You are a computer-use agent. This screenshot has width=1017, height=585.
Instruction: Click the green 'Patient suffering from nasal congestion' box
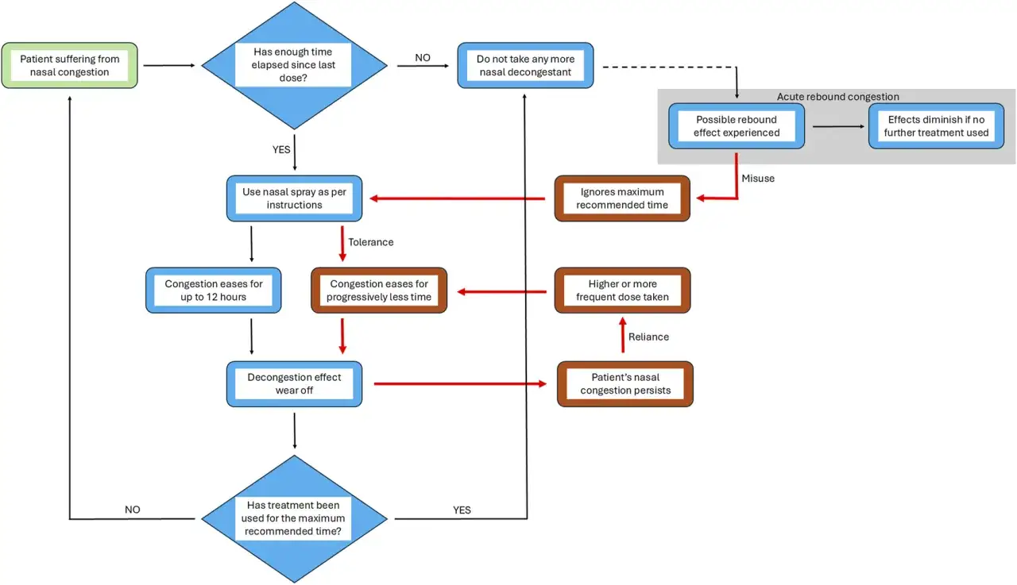click(69, 65)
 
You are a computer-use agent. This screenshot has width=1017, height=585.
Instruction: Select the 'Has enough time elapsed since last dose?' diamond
click(294, 65)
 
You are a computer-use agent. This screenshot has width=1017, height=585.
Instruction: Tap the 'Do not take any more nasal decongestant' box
click(525, 65)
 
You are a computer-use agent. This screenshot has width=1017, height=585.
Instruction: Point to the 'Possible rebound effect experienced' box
click(737, 126)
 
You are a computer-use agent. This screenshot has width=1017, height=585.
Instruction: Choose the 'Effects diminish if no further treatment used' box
click(936, 126)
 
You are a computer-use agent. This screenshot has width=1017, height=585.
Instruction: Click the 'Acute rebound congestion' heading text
click(837, 97)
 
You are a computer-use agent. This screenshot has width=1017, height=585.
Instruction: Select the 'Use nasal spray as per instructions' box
click(294, 198)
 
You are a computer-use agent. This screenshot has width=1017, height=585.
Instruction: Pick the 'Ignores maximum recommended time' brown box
click(622, 198)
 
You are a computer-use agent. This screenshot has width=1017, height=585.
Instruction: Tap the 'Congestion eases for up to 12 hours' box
click(214, 291)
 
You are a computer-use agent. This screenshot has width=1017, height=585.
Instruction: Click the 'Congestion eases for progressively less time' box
click(379, 291)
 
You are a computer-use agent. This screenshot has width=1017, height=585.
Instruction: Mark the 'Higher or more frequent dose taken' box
click(622, 291)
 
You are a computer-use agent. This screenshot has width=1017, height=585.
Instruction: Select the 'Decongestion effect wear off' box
click(294, 383)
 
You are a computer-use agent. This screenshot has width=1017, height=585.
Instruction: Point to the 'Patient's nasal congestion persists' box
click(625, 383)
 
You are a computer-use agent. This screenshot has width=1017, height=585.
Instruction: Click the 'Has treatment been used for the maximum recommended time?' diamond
click(294, 518)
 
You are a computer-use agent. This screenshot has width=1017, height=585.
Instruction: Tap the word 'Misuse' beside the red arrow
click(758, 179)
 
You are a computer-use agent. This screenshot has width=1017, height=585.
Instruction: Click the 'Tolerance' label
click(370, 242)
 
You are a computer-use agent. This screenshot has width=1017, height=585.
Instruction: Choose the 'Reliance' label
click(648, 337)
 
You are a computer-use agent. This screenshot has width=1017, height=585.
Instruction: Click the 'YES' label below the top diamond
click(281, 150)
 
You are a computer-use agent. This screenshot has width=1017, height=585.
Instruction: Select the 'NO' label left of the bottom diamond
click(132, 510)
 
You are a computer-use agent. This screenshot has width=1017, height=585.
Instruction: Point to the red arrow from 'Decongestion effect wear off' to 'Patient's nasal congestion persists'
click(460, 383)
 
